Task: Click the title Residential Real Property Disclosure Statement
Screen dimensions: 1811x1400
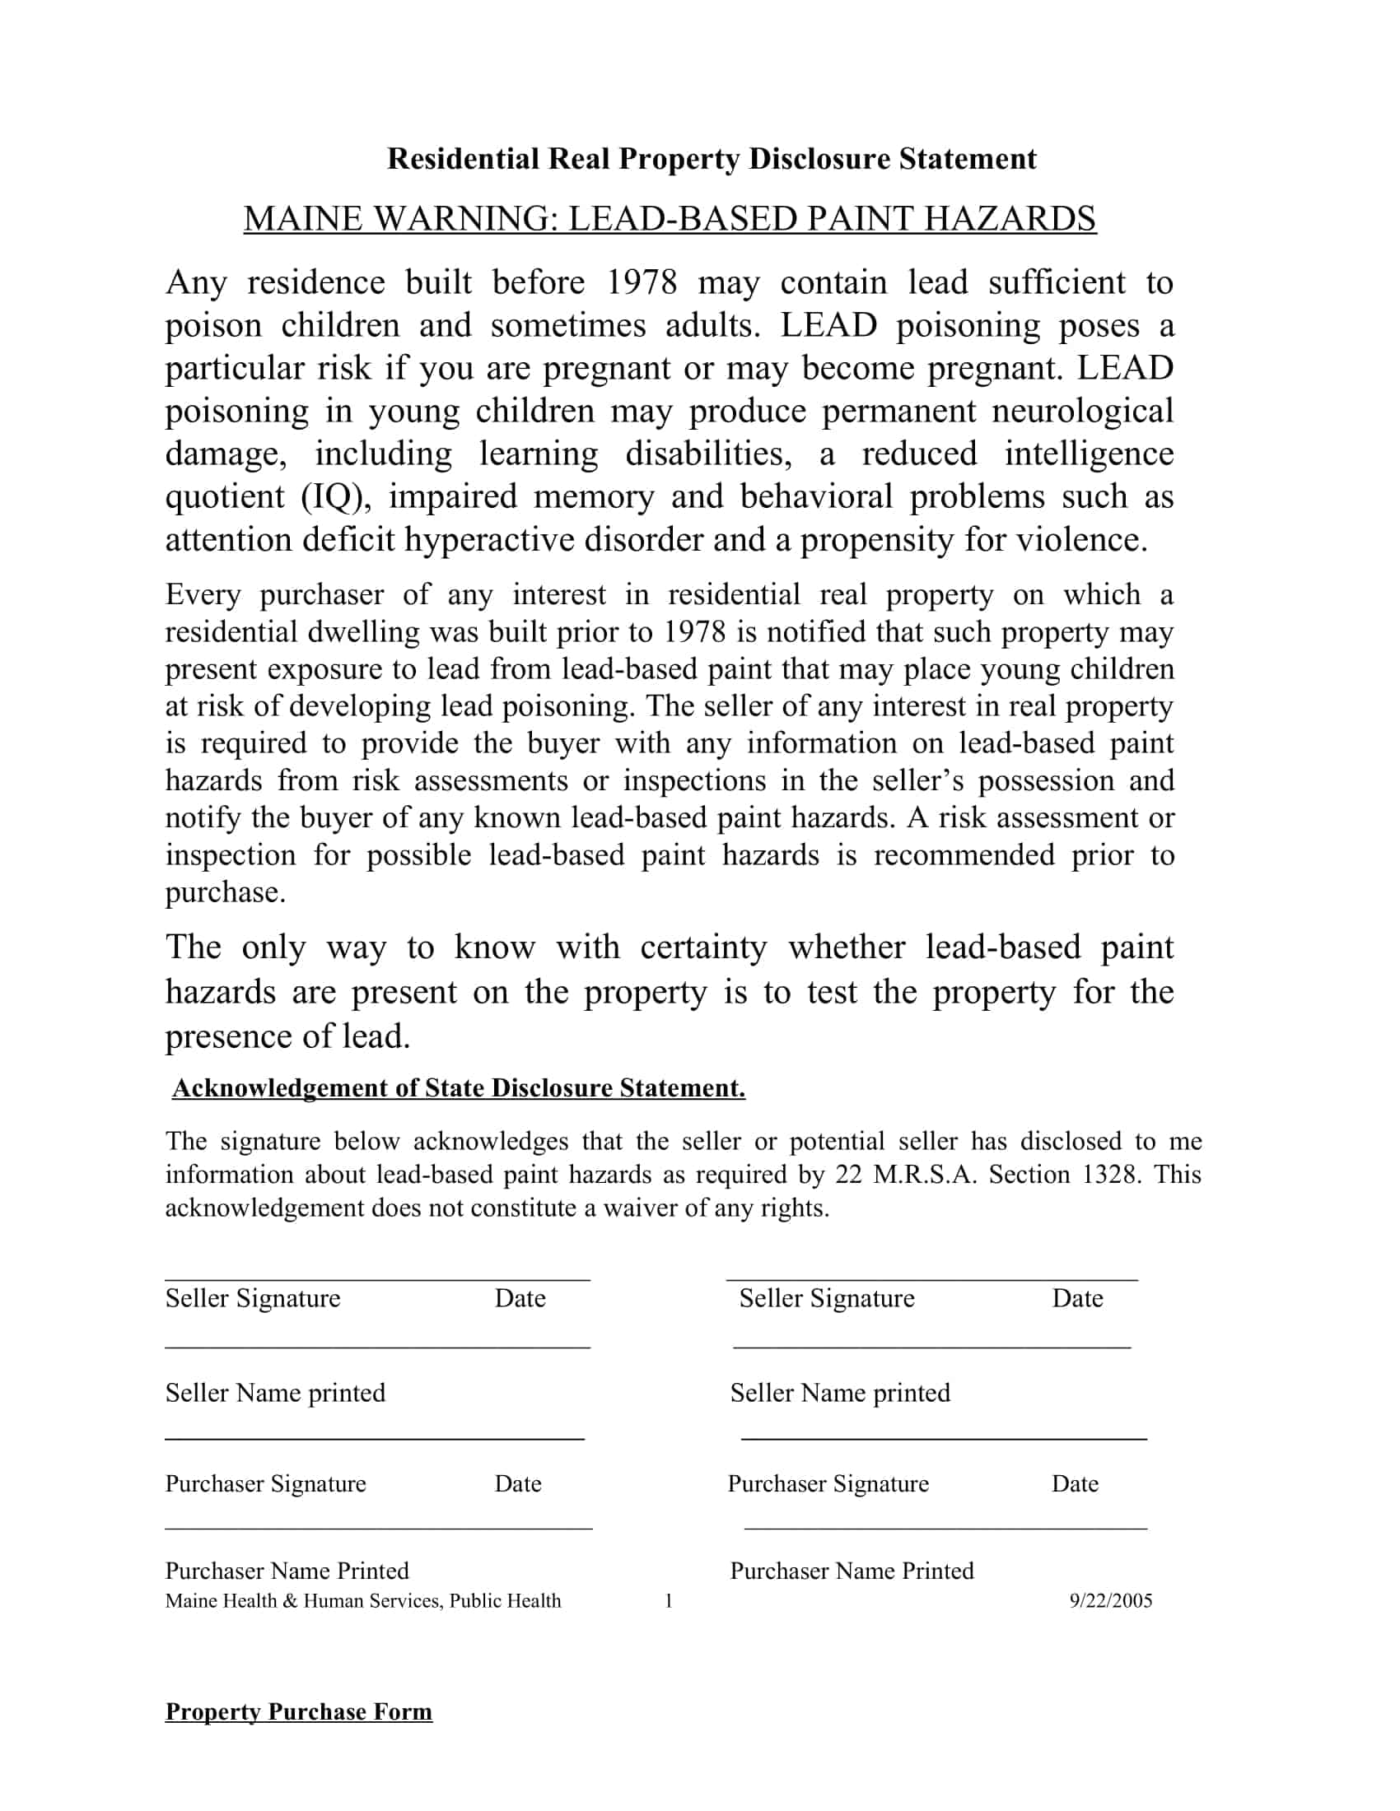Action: [x=712, y=158]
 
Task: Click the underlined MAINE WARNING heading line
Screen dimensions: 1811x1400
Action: [x=670, y=218]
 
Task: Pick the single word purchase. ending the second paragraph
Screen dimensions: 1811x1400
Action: [x=226, y=893]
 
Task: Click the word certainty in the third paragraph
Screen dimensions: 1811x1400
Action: [x=703, y=947]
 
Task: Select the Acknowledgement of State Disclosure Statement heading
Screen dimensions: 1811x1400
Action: [x=459, y=1088]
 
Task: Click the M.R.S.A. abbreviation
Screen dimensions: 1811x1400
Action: [x=926, y=1174]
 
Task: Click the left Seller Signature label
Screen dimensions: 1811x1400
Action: [x=253, y=1297]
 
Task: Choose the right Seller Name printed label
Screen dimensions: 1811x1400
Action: [x=840, y=1392]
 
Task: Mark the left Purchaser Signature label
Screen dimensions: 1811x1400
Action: [x=265, y=1483]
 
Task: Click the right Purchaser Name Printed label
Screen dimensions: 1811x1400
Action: [x=852, y=1571]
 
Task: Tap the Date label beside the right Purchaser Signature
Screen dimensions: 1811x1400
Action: [x=1075, y=1483]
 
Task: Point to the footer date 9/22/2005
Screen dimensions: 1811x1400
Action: [x=1111, y=1600]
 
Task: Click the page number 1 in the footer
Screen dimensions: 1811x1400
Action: [x=669, y=1600]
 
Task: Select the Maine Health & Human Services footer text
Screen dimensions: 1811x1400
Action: [x=362, y=1600]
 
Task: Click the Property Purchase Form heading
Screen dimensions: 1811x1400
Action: [x=299, y=1711]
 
